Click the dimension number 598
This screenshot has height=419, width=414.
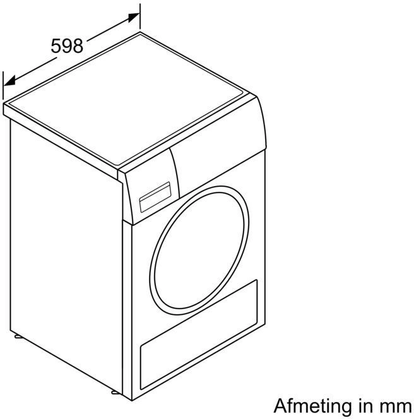coord(67,45)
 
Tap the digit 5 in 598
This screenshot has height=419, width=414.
coord(56,45)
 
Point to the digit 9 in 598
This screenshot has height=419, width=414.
coord(67,45)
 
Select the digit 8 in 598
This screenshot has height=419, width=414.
coord(78,45)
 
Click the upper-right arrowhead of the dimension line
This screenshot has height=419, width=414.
coord(134,17)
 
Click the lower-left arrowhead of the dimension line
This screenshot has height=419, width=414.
coord(9,81)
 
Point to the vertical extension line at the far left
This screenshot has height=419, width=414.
coord(3,86)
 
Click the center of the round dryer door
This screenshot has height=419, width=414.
coord(199,251)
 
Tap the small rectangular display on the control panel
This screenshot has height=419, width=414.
coord(155,198)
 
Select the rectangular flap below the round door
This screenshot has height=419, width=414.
coord(199,334)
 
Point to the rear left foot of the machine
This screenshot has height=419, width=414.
coord(18,336)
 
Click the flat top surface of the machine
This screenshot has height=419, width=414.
coord(127,100)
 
